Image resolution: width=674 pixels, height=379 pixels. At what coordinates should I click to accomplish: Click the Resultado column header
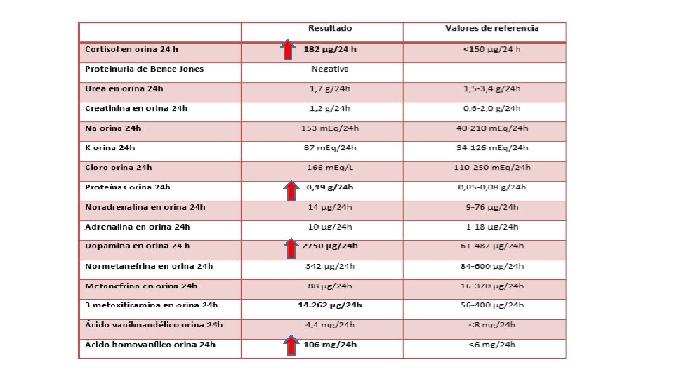329,29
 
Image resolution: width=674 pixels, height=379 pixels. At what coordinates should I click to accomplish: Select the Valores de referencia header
491,29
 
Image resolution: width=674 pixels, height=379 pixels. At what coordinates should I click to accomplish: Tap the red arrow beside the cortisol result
287,50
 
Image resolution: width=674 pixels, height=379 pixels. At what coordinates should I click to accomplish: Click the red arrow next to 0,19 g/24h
289,189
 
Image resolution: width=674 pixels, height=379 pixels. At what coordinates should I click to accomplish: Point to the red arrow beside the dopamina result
289,247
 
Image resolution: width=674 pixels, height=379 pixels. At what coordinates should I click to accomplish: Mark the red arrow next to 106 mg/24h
289,345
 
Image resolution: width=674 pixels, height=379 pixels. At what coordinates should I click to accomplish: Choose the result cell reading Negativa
330,69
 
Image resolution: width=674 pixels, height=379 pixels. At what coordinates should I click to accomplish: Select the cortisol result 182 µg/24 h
330,50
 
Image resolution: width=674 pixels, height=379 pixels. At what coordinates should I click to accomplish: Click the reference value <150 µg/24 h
491,50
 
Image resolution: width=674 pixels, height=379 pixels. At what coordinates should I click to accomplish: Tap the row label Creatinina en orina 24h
136,109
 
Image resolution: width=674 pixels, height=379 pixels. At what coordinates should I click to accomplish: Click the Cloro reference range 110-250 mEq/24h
491,168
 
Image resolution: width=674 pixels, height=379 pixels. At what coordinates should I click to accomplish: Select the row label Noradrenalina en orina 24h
145,207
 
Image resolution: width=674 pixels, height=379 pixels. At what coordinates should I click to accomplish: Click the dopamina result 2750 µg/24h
330,246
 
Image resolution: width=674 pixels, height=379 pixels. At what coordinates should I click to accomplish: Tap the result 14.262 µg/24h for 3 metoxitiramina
330,305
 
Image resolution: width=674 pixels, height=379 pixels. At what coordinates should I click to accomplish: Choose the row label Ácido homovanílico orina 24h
150,345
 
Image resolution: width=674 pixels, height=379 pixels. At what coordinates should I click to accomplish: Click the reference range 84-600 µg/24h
491,267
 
